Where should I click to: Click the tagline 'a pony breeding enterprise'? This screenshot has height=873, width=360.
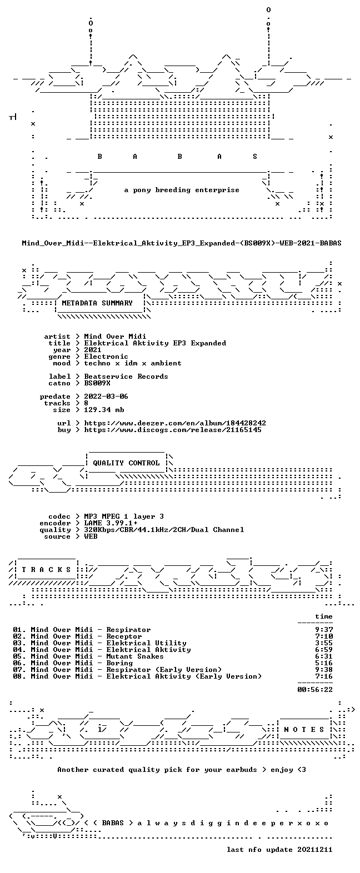pyautogui.click(x=181, y=190)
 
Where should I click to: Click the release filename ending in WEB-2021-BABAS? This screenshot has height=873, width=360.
pyautogui.click(x=181, y=243)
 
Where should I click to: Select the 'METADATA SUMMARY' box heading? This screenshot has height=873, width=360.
pyautogui.click(x=97, y=303)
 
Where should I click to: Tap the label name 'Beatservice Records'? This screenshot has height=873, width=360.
pyautogui.click(x=126, y=377)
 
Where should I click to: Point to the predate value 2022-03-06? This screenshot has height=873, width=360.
pyautogui.click(x=106, y=397)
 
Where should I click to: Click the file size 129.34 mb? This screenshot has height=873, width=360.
pyautogui.click(x=104, y=410)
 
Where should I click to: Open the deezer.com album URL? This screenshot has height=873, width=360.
pyautogui.click(x=175, y=423)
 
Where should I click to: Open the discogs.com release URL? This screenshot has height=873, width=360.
pyautogui.click(x=173, y=430)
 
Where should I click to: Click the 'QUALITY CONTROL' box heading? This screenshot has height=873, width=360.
pyautogui.click(x=126, y=463)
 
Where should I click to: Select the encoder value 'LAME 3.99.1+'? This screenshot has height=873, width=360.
pyautogui.click(x=111, y=523)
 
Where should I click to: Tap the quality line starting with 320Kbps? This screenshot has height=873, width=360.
pyautogui.click(x=164, y=530)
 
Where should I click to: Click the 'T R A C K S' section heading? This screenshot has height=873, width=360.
pyautogui.click(x=47, y=570)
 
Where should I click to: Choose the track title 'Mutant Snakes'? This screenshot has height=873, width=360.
pyautogui.click(x=135, y=656)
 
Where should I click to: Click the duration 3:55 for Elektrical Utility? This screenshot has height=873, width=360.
pyautogui.click(x=324, y=643)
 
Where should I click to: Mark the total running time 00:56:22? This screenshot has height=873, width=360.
pyautogui.click(x=315, y=689)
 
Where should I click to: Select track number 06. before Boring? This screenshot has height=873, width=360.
pyautogui.click(x=19, y=663)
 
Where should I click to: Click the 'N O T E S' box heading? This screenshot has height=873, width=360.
pyautogui.click(x=304, y=730)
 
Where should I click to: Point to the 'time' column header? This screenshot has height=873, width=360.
pyautogui.click(x=324, y=616)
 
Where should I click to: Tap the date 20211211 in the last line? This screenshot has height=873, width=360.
pyautogui.click(x=315, y=850)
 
